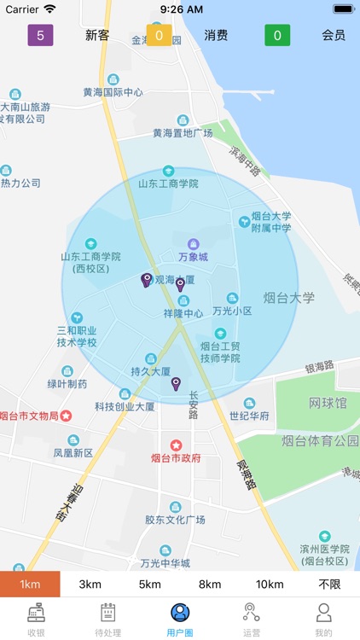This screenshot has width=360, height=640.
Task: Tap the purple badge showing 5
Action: pyautogui.click(x=40, y=35)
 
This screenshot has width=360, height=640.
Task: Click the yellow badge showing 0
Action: pyautogui.click(x=159, y=35)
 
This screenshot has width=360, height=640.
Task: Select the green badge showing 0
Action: pyautogui.click(x=277, y=35)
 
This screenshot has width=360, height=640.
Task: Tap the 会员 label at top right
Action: pyautogui.click(x=334, y=35)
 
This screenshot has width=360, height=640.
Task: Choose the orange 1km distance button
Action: pyautogui.click(x=30, y=584)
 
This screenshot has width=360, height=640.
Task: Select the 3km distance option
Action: pyautogui.click(x=90, y=584)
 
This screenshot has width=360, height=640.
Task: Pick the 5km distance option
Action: pyautogui.click(x=150, y=584)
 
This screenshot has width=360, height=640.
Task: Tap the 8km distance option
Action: pyautogui.click(x=210, y=584)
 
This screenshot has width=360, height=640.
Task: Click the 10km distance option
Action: pyautogui.click(x=270, y=584)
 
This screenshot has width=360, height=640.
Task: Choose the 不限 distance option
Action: pyautogui.click(x=329, y=584)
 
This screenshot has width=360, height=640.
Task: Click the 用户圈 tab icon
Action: pyautogui.click(x=180, y=613)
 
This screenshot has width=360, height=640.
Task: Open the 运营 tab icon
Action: pyautogui.click(x=252, y=613)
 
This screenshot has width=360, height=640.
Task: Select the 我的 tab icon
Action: pyautogui.click(x=323, y=613)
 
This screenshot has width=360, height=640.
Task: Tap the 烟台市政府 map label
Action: pyautogui.click(x=176, y=457)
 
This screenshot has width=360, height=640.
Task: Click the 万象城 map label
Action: pyautogui.click(x=193, y=256)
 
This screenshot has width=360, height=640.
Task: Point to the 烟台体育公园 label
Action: pyautogui.click(x=320, y=441)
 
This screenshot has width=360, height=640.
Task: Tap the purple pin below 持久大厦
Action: pyautogui.click(x=176, y=384)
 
